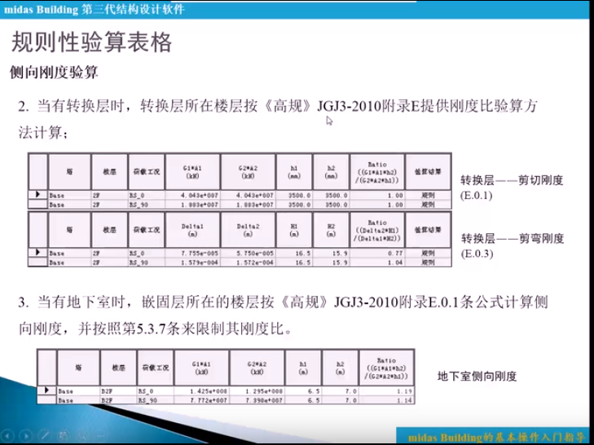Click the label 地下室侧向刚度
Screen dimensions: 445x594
(x=477, y=377)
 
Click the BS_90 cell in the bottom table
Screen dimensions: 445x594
(x=147, y=400)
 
